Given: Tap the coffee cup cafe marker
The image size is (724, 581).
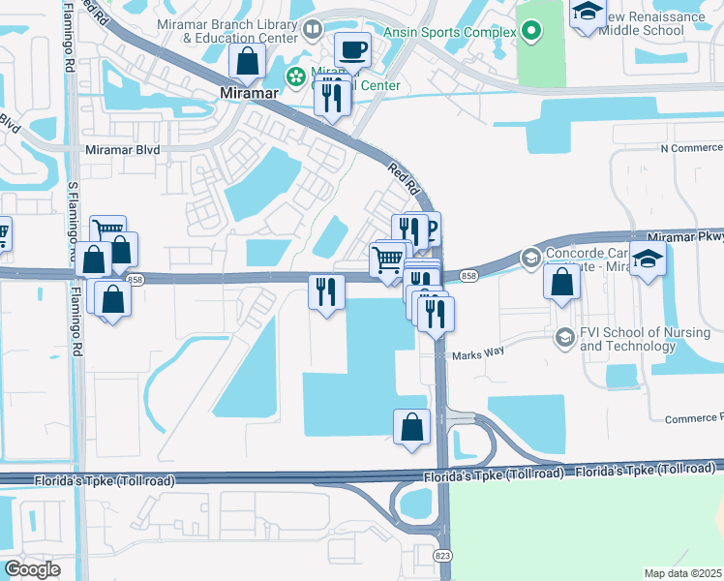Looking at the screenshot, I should click(353, 47).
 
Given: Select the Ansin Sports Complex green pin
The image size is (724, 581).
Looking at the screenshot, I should click(530, 32).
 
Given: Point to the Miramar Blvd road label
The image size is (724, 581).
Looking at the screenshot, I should click(122, 150).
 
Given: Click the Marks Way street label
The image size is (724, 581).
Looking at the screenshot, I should click(478, 355).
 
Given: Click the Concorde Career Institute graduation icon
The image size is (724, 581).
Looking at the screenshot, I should click(530, 258).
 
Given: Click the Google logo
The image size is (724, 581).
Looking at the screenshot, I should click(33, 569).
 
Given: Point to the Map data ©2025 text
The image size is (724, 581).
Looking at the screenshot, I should click(683, 573).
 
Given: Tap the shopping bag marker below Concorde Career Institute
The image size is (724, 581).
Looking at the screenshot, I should click(561, 282).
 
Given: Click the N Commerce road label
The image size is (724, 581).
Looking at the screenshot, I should click(691, 148).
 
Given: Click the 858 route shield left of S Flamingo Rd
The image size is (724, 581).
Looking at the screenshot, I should click(135, 279).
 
